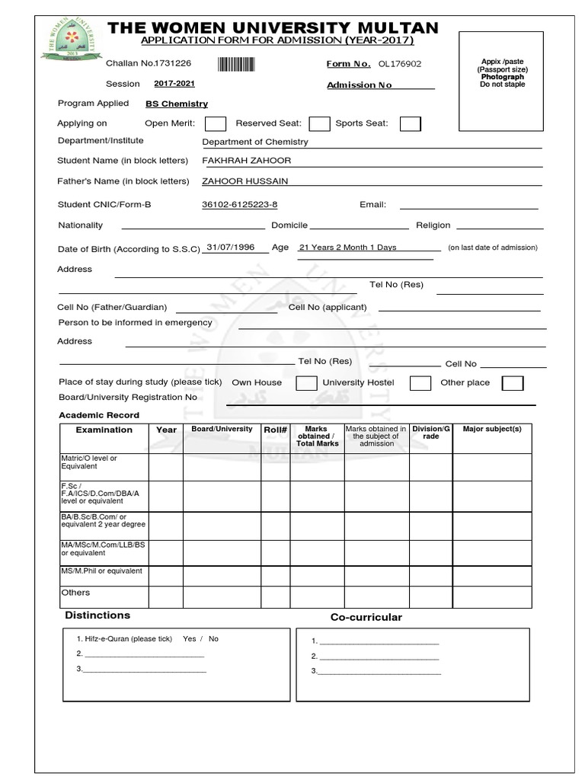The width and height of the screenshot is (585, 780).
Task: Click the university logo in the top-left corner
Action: (x=70, y=46)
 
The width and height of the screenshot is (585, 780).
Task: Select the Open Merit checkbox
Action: (x=216, y=123)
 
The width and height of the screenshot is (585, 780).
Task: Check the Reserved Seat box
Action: (x=319, y=123)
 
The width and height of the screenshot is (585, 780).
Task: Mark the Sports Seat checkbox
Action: (x=411, y=123)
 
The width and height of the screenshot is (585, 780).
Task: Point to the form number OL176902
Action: (x=395, y=65)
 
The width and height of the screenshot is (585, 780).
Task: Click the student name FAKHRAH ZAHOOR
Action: (x=246, y=161)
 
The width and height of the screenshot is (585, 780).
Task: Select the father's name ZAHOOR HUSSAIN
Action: (x=245, y=181)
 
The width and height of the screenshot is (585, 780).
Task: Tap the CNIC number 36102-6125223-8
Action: (x=239, y=205)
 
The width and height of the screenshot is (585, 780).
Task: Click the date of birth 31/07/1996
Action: (x=230, y=248)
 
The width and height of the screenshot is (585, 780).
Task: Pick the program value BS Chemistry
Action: (x=177, y=104)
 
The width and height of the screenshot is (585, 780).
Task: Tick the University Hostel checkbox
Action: (x=420, y=383)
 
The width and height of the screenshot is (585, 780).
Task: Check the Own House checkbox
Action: (x=306, y=383)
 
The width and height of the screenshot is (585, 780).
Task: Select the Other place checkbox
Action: (x=513, y=383)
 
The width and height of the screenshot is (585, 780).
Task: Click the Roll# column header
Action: (x=275, y=430)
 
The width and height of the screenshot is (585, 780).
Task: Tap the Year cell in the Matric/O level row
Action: (x=165, y=466)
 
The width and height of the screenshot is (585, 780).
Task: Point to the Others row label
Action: (x=75, y=593)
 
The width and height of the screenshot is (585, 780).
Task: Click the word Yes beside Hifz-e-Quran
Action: (x=190, y=639)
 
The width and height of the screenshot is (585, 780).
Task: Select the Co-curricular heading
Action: (x=366, y=617)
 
